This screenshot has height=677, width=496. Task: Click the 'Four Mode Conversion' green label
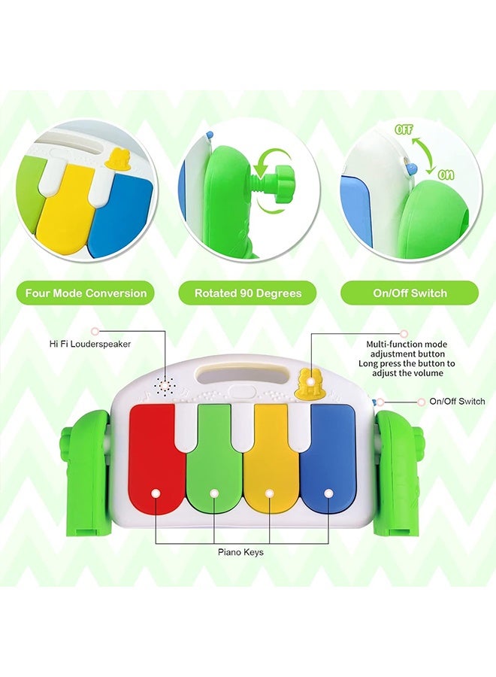tap(86, 293)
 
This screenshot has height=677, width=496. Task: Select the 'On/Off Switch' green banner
tap(409, 293)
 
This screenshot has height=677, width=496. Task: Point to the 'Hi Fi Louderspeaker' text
tap(89, 344)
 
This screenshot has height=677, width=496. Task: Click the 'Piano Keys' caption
tap(240, 552)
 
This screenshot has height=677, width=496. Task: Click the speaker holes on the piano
tap(161, 385)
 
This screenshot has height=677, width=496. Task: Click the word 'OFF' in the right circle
tap(404, 129)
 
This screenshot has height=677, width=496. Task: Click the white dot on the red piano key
tap(156, 493)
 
